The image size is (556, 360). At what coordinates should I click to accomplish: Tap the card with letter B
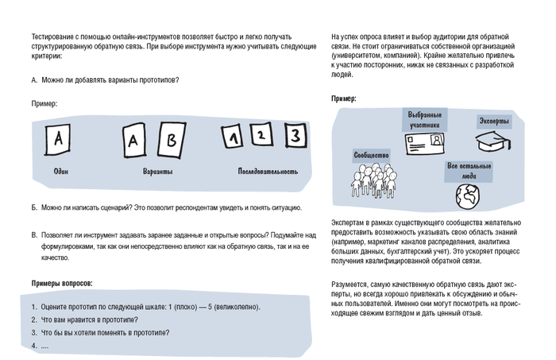tap(170, 141)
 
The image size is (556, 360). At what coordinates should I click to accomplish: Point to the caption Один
tap(60, 171)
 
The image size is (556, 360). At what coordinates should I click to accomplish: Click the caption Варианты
tap(158, 171)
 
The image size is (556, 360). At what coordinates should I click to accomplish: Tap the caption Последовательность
tap(268, 171)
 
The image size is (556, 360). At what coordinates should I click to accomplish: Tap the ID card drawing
tap(427, 143)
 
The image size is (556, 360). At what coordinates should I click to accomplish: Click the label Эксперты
tap(493, 121)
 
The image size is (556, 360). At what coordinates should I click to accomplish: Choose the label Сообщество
tap(371, 154)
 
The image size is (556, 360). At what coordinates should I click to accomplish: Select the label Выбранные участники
tap(423, 120)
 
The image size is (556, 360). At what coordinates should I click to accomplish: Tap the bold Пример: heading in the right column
tap(343, 99)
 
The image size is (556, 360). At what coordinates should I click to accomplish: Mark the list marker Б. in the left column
tap(34, 208)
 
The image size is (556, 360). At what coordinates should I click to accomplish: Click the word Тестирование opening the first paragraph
tap(54, 37)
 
